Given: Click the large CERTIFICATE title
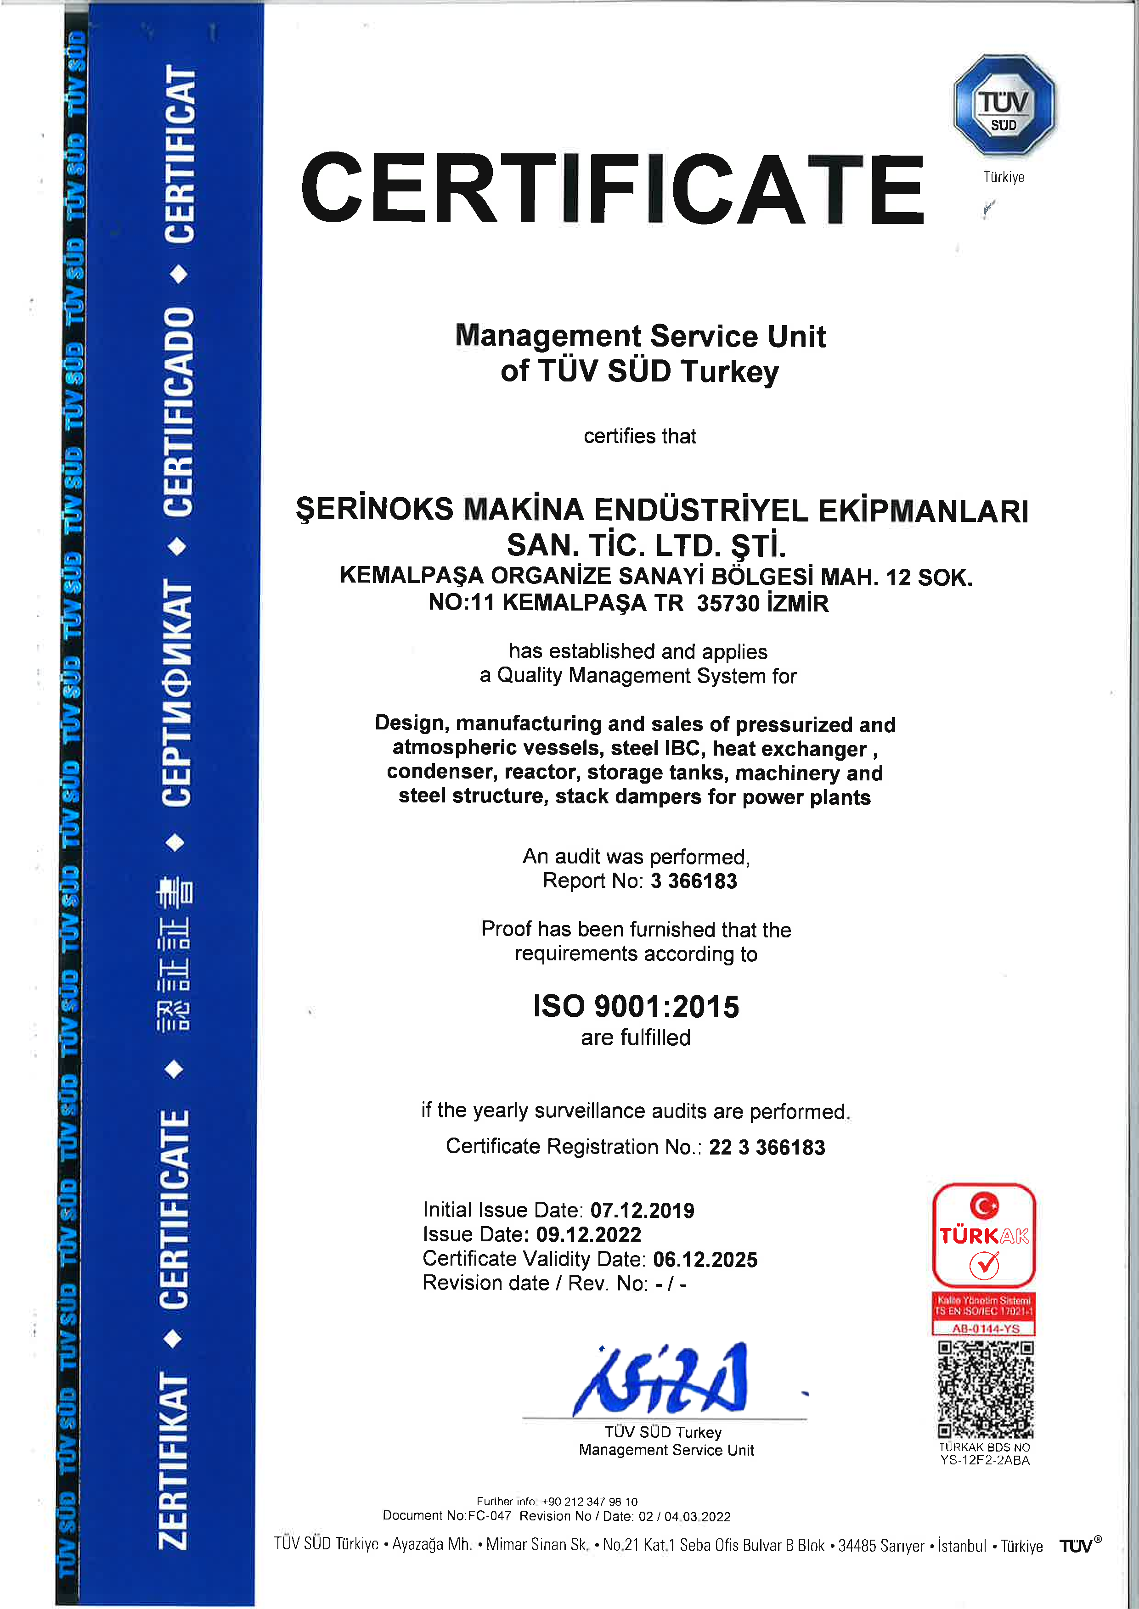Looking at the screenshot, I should pyautogui.click(x=612, y=188).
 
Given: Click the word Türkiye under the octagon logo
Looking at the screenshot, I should pyautogui.click(x=1004, y=177).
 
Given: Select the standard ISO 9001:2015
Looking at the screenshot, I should pyautogui.click(x=636, y=1006).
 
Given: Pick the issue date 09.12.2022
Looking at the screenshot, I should pyautogui.click(x=588, y=1234).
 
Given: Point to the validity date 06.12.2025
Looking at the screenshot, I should pyautogui.click(x=705, y=1259).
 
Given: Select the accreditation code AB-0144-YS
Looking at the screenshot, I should pyautogui.click(x=985, y=1328).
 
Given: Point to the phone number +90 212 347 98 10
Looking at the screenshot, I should pyautogui.click(x=589, y=1501).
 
